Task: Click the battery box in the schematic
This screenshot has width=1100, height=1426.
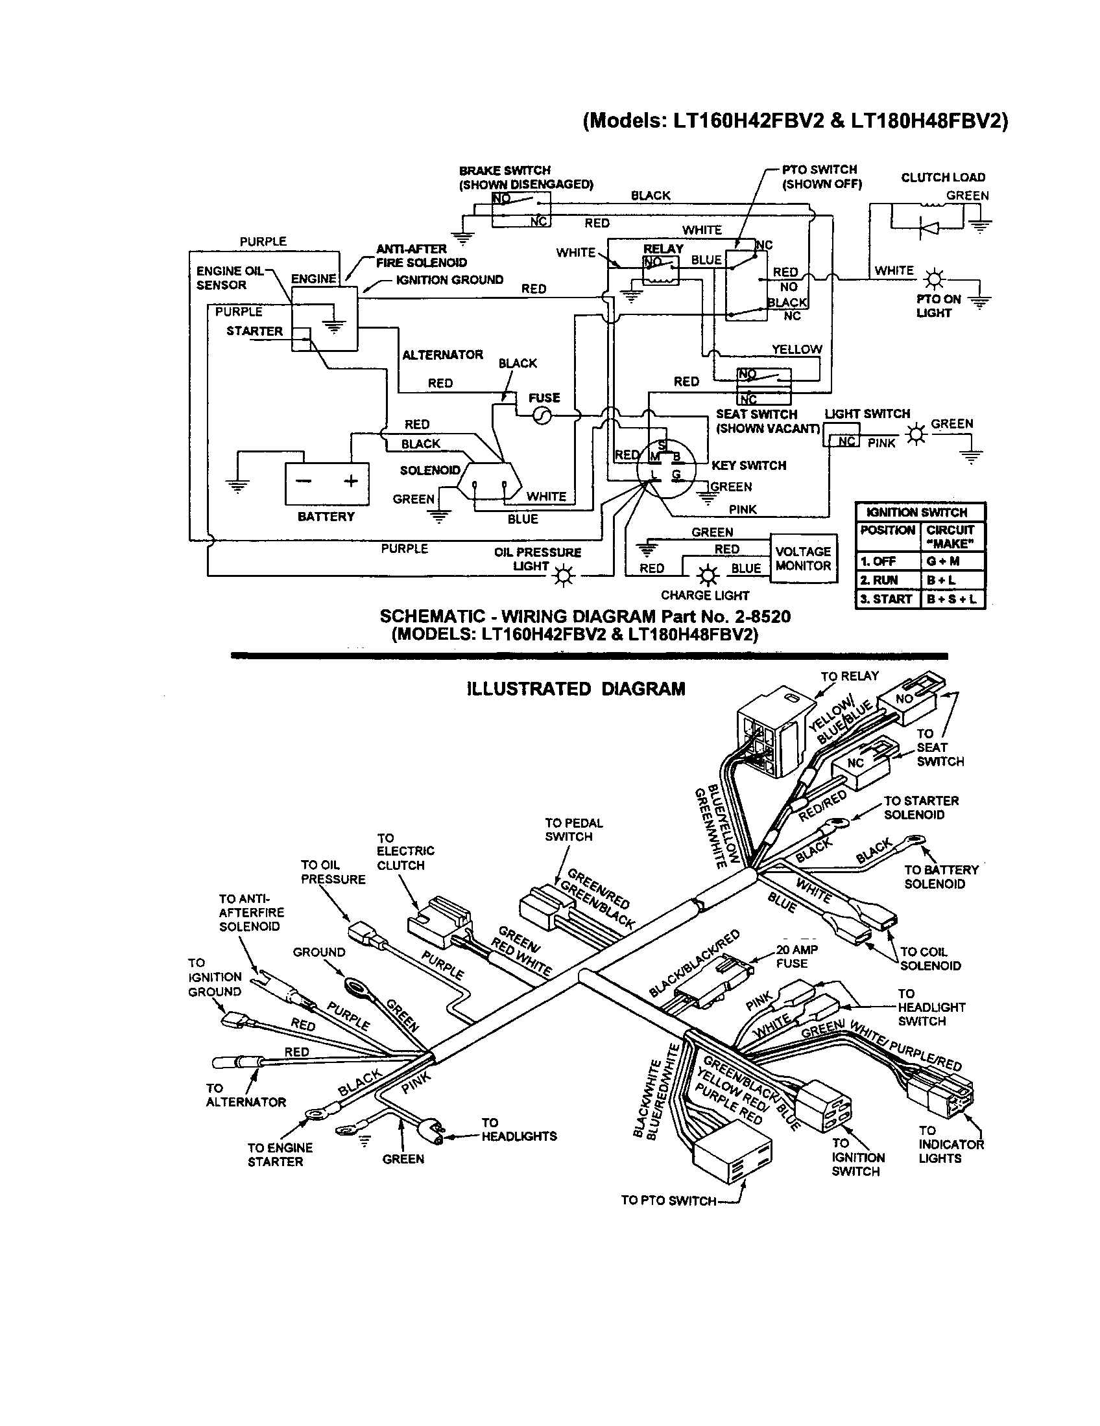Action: (x=326, y=483)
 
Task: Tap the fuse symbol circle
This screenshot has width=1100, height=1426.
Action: (x=542, y=416)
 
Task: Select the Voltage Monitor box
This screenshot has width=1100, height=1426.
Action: (x=804, y=559)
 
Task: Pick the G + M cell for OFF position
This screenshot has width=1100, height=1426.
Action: (x=951, y=561)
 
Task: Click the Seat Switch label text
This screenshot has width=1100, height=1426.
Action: (x=756, y=415)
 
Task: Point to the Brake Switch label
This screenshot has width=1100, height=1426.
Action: (x=505, y=170)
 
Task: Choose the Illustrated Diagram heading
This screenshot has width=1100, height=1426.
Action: (x=576, y=689)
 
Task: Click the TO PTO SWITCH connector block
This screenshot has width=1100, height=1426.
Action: (x=732, y=1154)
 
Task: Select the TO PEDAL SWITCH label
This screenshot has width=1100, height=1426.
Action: (x=573, y=829)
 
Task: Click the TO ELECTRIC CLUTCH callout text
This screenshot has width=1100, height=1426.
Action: (x=405, y=852)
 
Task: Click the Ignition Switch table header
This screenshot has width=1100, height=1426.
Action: (x=920, y=513)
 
